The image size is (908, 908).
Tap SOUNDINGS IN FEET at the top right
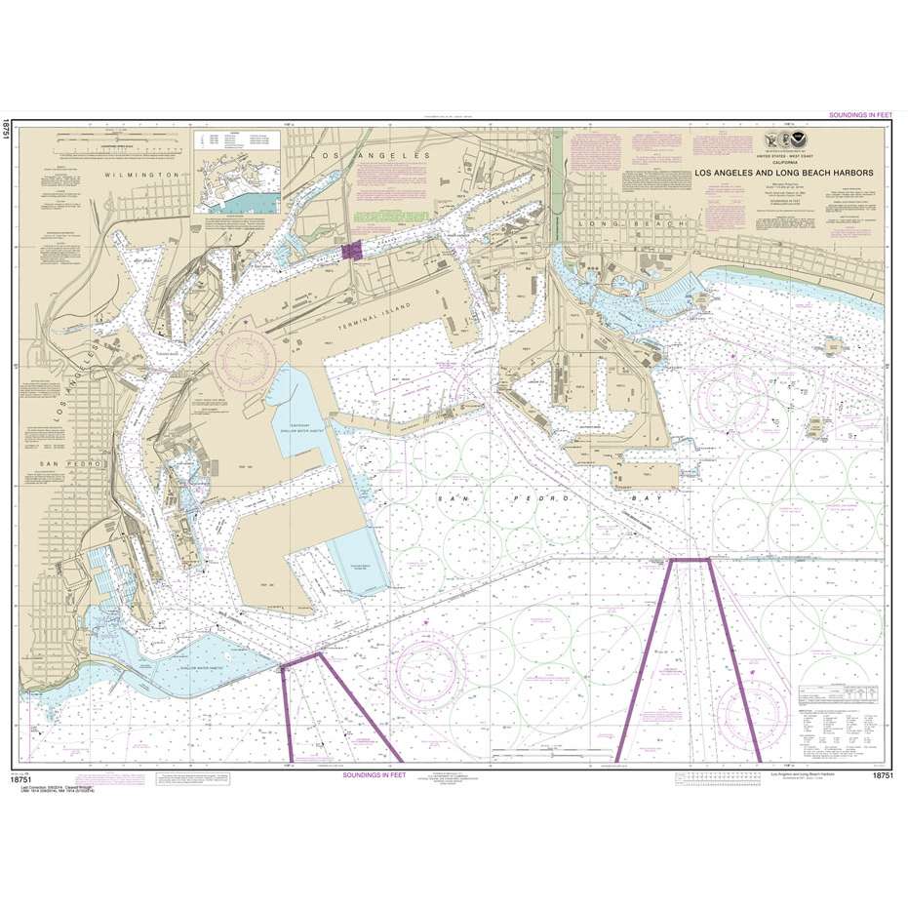coord(860,115)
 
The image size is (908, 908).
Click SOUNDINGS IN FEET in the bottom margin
coord(375,774)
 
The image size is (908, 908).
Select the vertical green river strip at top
coord(557,180)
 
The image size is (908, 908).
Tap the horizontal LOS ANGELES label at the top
coord(370,156)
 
